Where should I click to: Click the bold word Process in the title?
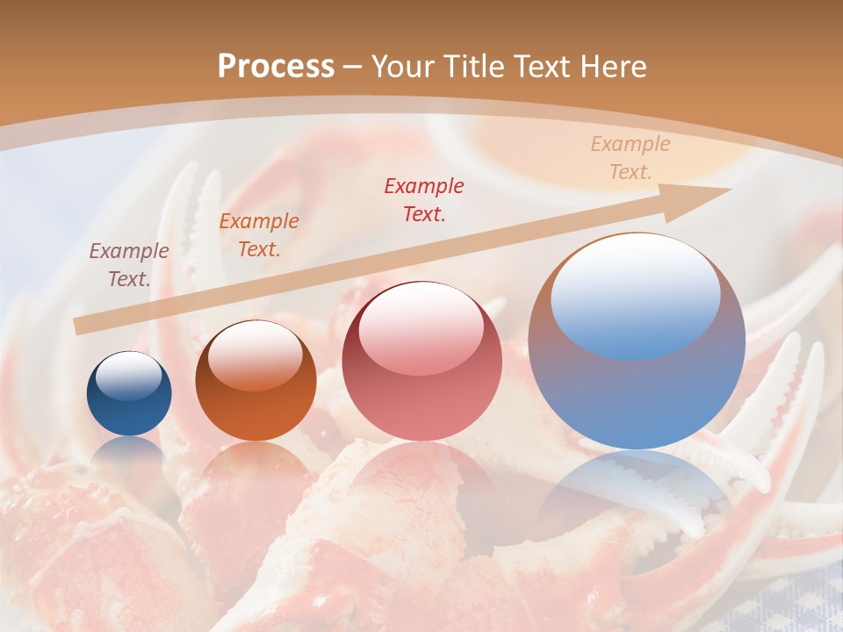coord(276,66)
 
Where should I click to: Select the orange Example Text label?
coord(259,235)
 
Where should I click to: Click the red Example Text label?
coord(424,199)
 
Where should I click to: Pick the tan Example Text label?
coord(630,158)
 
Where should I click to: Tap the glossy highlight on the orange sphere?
coord(256,355)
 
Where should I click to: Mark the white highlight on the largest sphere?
coord(635,294)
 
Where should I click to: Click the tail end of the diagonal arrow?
coord(79,327)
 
